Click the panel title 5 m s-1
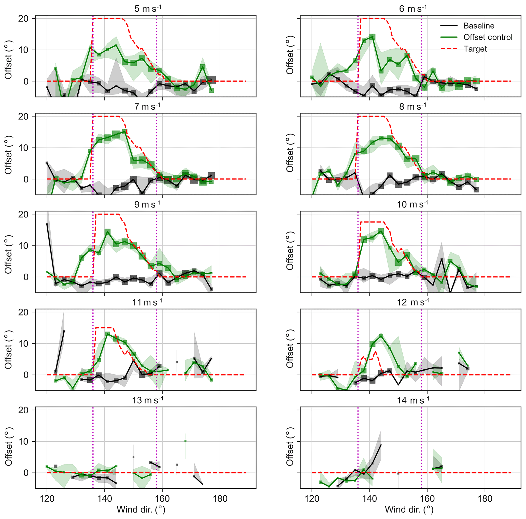pyautogui.click(x=148, y=8)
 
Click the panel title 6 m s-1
pyautogui.click(x=413, y=8)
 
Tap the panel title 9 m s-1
pyautogui.click(x=148, y=204)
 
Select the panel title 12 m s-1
pyautogui.click(x=413, y=302)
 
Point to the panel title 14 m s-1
pyautogui.click(x=413, y=400)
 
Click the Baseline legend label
pyautogui.click(x=479, y=26)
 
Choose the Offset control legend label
pyautogui.click(x=488, y=37)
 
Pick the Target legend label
pyautogui.click(x=475, y=49)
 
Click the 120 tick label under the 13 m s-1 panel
pyautogui.click(x=47, y=499)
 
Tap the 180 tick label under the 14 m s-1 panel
pyautogui.click(x=485, y=499)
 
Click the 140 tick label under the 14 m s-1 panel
pyautogui.click(x=369, y=499)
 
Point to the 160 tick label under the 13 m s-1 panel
pyautogui.click(x=162, y=499)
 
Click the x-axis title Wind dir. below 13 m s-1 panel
pyautogui.click(x=141, y=510)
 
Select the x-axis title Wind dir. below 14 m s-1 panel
pyautogui.click(x=409, y=510)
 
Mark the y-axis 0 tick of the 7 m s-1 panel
pyautogui.click(x=29, y=179)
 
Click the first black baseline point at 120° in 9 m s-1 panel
pyautogui.click(x=47, y=224)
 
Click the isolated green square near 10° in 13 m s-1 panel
pyautogui.click(x=186, y=441)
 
